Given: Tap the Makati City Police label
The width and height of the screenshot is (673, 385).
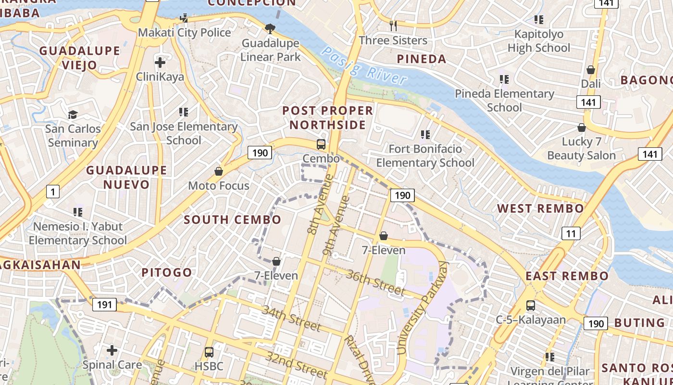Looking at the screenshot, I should click(185, 33).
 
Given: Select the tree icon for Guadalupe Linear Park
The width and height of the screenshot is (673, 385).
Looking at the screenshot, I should click(270, 29).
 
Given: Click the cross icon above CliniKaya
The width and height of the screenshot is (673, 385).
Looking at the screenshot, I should click(160, 62).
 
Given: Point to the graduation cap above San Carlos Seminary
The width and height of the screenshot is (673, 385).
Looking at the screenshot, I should click(73, 115).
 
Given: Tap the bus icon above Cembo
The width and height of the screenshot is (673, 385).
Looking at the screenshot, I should click(321, 144).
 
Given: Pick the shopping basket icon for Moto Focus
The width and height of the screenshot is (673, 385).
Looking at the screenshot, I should click(219, 171).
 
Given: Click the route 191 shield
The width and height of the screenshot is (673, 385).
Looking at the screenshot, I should click(104, 304).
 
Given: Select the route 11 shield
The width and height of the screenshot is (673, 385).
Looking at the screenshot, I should click(571, 234).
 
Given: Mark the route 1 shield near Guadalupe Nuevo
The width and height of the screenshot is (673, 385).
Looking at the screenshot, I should click(52, 192).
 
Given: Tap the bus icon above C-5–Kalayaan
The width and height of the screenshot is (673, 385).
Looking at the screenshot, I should click(531, 306).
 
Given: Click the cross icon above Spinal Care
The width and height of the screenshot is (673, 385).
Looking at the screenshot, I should click(112, 350).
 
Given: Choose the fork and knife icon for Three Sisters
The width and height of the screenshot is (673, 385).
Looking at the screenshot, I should click(393, 25).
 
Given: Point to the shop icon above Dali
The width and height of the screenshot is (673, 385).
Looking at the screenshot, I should click(591, 70).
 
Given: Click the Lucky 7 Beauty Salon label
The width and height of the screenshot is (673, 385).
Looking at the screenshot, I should click(581, 149).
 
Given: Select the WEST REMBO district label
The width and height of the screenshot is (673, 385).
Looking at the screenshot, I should click(540, 208).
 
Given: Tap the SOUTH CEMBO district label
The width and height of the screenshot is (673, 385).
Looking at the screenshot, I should click(233, 220).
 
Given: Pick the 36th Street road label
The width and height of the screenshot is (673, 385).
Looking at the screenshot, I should click(375, 282).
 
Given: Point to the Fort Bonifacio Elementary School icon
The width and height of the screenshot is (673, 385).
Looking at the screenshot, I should click(425, 134).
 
